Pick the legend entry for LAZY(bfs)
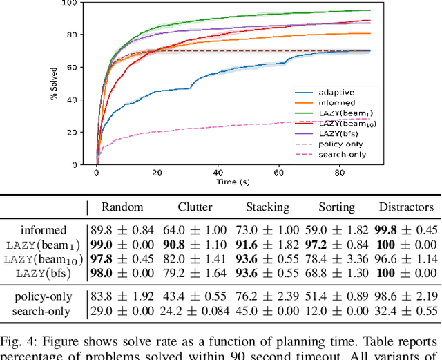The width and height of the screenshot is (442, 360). tap(338, 133)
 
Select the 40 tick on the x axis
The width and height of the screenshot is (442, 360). tap(218, 173)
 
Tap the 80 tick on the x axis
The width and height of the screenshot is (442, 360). tap(339, 173)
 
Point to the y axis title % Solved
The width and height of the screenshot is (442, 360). tap(54, 84)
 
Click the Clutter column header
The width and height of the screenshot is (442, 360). tap(195, 207)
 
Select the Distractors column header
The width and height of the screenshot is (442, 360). tap(407, 207)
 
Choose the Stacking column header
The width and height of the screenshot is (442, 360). tap(267, 207)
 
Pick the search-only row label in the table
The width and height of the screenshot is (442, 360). tap(43, 312)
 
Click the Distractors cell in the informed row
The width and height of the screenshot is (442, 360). tap(407, 230)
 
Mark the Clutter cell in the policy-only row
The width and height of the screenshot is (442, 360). tap(195, 297)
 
